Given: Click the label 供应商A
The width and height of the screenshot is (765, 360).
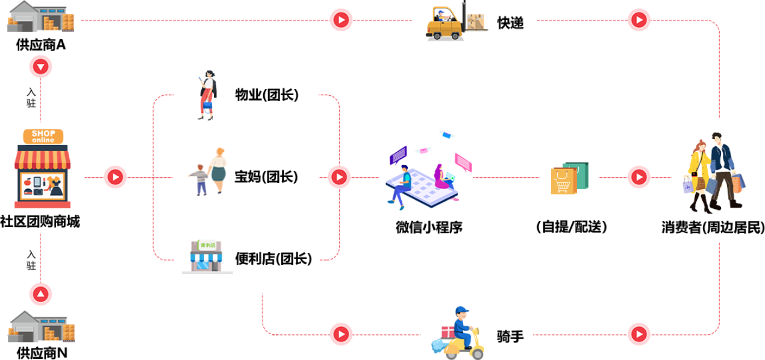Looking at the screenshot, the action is [40, 45].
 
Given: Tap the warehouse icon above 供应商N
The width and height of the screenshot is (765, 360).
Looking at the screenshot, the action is [41, 326].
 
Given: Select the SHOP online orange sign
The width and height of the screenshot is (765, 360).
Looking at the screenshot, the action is [43, 137].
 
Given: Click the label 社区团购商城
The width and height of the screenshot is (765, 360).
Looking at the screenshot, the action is [40, 222].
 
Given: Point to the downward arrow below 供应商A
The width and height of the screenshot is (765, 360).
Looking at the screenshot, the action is [40, 67].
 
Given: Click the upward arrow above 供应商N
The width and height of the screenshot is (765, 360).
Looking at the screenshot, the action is [40, 294].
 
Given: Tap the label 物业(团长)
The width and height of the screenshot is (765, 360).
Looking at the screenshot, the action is [267, 95].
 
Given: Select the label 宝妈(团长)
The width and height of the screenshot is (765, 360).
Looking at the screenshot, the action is [266, 177].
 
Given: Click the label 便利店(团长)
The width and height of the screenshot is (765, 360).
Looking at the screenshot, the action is [273, 259].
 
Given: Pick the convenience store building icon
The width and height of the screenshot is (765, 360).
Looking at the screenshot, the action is [207, 257].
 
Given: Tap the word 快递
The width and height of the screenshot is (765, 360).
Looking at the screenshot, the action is [510, 23].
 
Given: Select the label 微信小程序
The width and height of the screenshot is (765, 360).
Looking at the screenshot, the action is [429, 228].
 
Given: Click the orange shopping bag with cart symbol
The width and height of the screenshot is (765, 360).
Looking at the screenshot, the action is [563, 181].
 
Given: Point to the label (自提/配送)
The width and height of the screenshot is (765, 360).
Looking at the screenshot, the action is [572, 227].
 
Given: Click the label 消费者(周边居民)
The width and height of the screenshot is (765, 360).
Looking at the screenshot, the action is [713, 228].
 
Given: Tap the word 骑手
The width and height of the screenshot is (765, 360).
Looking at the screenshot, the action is [510, 337].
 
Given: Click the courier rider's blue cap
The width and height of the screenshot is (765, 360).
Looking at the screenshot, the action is [462, 310].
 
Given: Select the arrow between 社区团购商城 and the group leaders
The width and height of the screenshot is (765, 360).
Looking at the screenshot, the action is [116, 177].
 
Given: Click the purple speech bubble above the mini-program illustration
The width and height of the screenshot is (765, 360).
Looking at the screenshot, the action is [398, 155].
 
